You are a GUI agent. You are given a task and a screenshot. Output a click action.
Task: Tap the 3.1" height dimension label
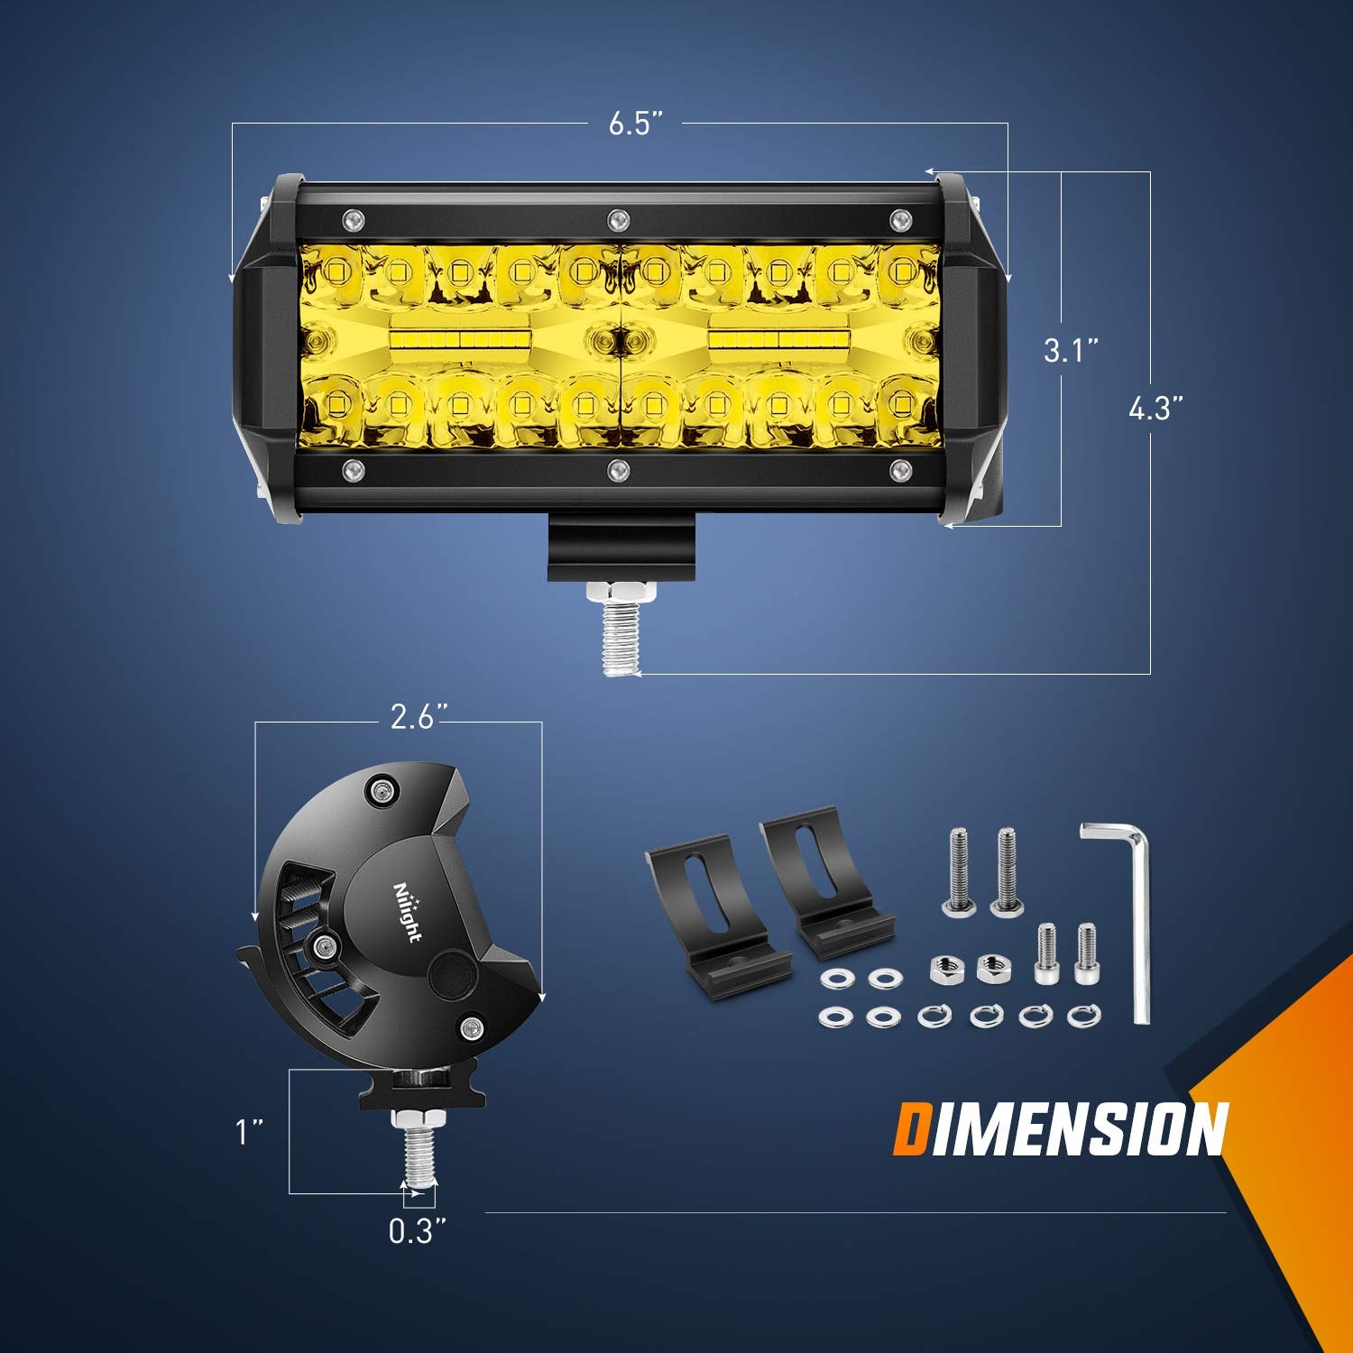click(x=1071, y=350)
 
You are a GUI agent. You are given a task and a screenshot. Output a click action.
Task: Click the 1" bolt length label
click(x=250, y=1132)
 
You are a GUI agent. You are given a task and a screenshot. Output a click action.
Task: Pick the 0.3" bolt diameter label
click(x=418, y=1231)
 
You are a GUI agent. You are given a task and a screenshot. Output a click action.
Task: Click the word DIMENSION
click(x=1060, y=1128)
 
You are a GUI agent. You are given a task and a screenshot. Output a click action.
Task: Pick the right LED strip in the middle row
click(x=778, y=338)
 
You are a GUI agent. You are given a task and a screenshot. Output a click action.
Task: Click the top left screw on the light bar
click(x=352, y=218)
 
